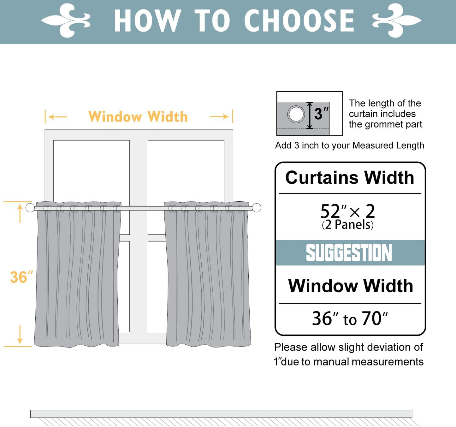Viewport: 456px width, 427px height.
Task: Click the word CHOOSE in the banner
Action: pyautogui.click(x=299, y=21)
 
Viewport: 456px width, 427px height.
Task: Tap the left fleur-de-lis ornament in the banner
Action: pyautogui.click(x=66, y=21)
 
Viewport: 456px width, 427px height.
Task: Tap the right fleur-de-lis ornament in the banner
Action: pyautogui.click(x=397, y=21)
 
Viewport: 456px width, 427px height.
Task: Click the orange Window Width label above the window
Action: pyautogui.click(x=138, y=117)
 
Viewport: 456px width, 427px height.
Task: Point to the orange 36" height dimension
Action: pyautogui.click(x=21, y=277)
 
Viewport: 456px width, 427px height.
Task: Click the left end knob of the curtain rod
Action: pyautogui.click(x=30, y=208)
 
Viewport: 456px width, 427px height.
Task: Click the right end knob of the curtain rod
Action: pyautogui.click(x=257, y=208)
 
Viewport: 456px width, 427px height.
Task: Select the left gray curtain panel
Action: pyautogui.click(x=78, y=275)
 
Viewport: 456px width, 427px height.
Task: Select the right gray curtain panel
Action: pyautogui.click(x=208, y=275)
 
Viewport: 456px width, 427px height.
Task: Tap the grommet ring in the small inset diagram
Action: pyautogui.click(x=296, y=114)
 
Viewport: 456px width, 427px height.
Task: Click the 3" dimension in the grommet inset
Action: pyautogui.click(x=321, y=114)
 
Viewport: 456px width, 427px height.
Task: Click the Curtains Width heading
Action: pyautogui.click(x=350, y=178)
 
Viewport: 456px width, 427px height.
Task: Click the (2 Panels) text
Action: pyautogui.click(x=347, y=225)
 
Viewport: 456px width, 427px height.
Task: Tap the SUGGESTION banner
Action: pyautogui.click(x=350, y=253)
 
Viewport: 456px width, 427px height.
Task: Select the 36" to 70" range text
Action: pyautogui.click(x=350, y=318)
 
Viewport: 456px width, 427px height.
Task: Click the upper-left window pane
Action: pyautogui.click(x=92, y=170)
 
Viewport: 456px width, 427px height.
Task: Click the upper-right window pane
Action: pyautogui.click(x=186, y=170)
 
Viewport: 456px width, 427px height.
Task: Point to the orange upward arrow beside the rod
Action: pyautogui.click(x=20, y=213)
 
